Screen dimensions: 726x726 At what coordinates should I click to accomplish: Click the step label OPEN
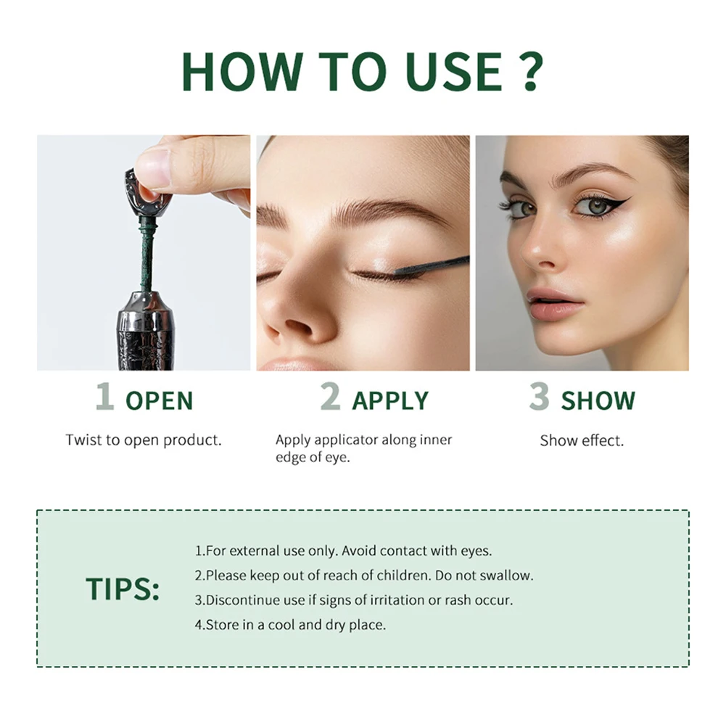click(x=160, y=401)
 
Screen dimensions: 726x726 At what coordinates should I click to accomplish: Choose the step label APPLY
click(x=390, y=401)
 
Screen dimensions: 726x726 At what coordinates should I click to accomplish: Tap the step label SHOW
click(x=598, y=401)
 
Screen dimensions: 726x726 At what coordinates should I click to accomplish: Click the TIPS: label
click(x=123, y=589)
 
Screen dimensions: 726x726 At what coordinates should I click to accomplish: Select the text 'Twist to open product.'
click(x=144, y=440)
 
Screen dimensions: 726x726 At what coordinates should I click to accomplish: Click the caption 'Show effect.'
click(x=582, y=440)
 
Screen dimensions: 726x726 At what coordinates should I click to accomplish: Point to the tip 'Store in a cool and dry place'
click(x=290, y=624)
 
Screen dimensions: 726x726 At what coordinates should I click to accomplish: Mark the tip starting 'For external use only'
click(x=343, y=551)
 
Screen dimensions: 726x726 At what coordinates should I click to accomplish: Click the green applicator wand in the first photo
click(x=148, y=254)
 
